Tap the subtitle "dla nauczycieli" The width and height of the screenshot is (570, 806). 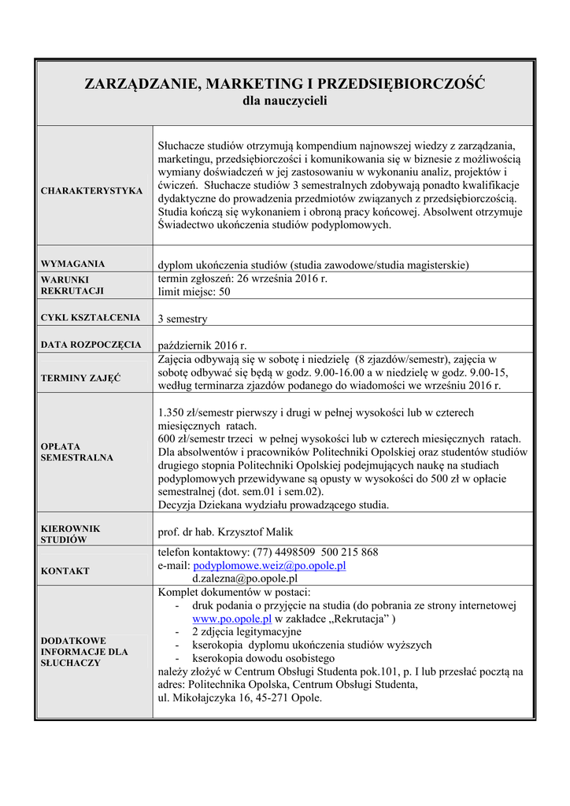pyautogui.click(x=284, y=101)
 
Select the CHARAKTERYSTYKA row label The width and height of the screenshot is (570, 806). pyautogui.click(x=91, y=190)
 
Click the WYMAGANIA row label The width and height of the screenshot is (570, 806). pyautogui.click(x=72, y=264)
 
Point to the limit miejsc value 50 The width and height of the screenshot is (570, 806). pyautogui.click(x=224, y=291)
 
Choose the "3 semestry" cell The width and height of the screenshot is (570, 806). pyautogui.click(x=182, y=319)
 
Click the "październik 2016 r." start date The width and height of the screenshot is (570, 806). pyautogui.click(x=202, y=346)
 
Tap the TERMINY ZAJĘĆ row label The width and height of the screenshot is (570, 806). pyautogui.click(x=80, y=378)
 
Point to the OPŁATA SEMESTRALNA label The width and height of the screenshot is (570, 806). pyautogui.click(x=76, y=451)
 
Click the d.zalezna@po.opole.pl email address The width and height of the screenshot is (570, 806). pyautogui.click(x=245, y=578)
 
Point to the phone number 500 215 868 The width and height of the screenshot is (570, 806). pyautogui.click(x=350, y=553)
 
